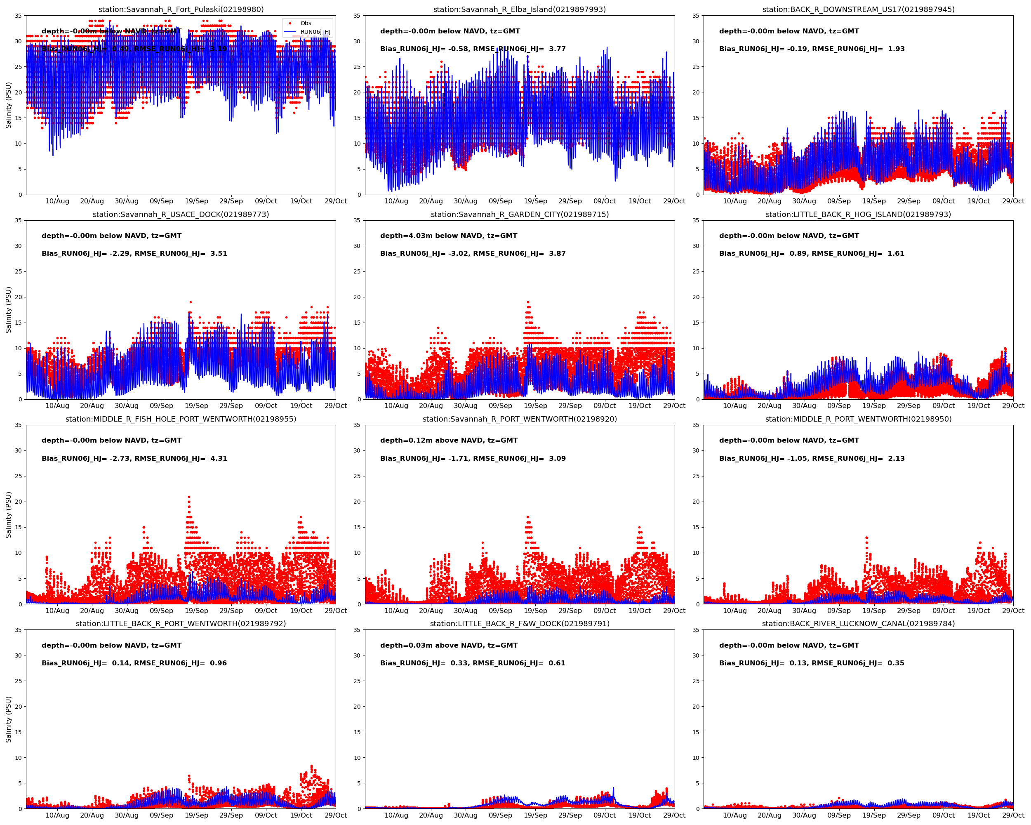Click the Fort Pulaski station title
pos(181,9)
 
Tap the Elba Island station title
pos(519,9)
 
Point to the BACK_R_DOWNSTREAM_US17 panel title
pos(858,9)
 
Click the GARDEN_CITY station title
pos(520,214)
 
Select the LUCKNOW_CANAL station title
pos(858,624)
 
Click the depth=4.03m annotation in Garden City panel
pos(449,236)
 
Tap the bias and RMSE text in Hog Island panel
pos(812,253)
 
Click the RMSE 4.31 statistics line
pos(134,458)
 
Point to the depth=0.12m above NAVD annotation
pos(449,441)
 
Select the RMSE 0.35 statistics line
pos(812,663)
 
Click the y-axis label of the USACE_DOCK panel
pos(9,309)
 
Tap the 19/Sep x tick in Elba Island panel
pos(535,201)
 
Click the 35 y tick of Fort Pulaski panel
pos(18,16)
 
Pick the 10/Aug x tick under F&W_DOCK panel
pos(396,816)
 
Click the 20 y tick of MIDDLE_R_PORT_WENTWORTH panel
pos(696,502)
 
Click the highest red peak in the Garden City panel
pos(528,302)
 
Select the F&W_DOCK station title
pos(520,624)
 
